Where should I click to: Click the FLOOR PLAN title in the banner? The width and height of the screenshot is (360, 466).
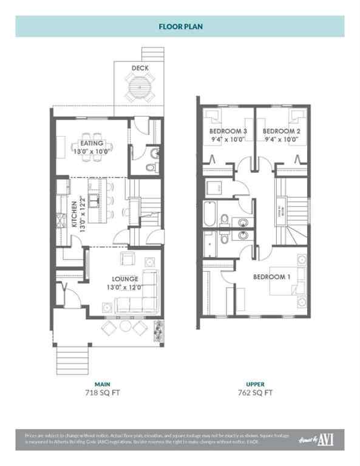point(180,27)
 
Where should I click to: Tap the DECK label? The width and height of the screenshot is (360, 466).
point(141,68)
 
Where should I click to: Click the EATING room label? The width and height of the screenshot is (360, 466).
point(92,144)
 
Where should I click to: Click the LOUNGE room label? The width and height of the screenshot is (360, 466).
point(124,279)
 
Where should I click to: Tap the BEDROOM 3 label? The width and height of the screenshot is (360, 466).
point(228,130)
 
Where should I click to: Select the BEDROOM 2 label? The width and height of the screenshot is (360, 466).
point(281,130)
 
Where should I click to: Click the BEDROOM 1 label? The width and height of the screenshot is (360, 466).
point(273,276)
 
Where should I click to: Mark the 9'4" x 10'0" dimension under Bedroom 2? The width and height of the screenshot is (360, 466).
point(281,140)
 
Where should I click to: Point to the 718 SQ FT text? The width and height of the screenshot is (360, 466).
point(102,393)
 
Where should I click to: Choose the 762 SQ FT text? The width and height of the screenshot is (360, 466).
point(255,393)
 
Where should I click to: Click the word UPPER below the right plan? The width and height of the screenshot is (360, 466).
point(255,384)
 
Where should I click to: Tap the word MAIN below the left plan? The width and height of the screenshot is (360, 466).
point(102,384)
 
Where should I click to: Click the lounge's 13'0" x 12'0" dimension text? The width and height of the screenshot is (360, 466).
point(124,288)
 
